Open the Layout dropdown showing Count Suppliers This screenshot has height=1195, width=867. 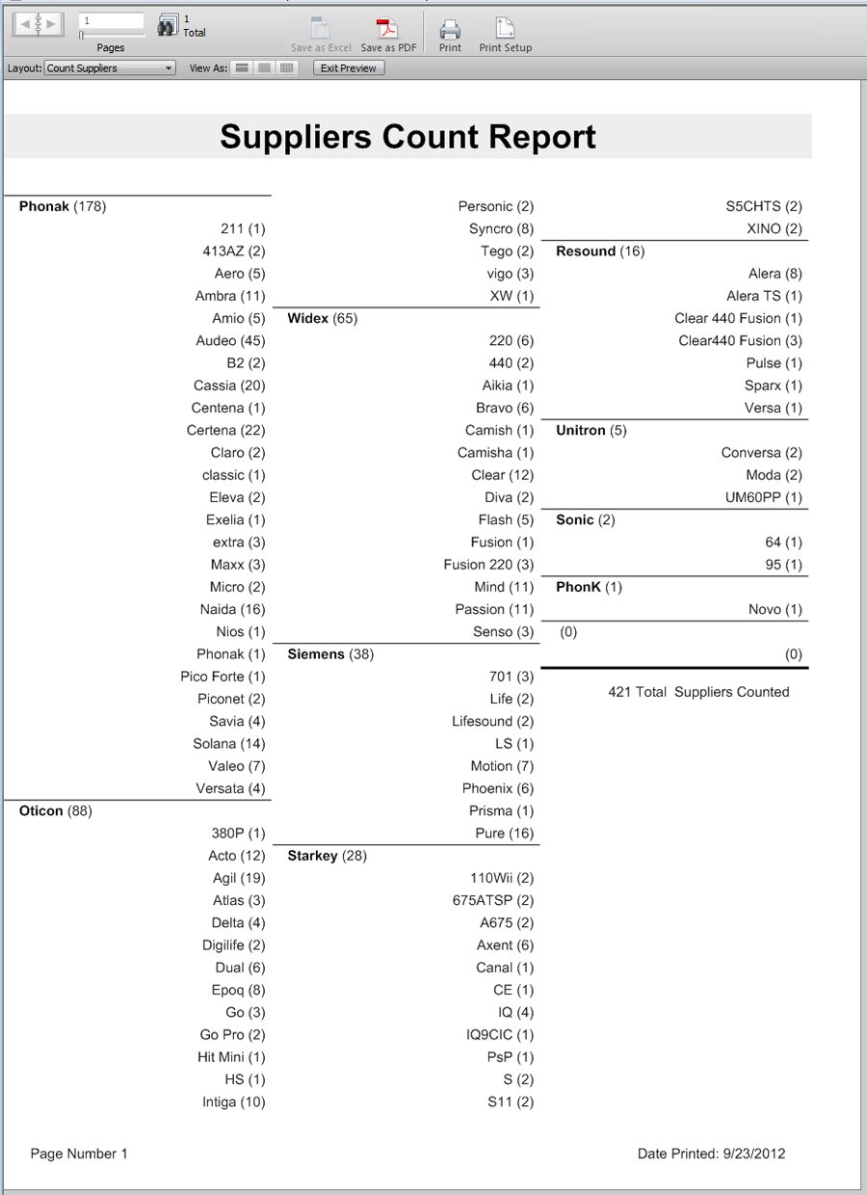[110, 68]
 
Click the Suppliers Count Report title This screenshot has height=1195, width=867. [407, 137]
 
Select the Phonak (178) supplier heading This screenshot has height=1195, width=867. [63, 206]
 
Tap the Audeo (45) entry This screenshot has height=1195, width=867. [230, 340]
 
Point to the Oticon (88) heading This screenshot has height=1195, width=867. [56, 810]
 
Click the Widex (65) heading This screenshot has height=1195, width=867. [322, 318]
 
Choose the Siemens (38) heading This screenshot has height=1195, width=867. [330, 654]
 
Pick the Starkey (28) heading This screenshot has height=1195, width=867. [327, 856]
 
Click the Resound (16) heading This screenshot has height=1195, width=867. [600, 252]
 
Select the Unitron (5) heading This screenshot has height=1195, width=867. [591, 430]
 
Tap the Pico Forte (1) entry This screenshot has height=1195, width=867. [223, 677]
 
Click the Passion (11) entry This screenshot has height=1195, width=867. [494, 609]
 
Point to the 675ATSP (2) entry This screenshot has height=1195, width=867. [493, 900]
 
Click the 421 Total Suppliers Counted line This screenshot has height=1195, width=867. [698, 692]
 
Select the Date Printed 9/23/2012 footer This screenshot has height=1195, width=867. [711, 1154]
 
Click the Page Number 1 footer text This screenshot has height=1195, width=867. [79, 1154]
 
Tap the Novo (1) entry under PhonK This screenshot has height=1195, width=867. [775, 609]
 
